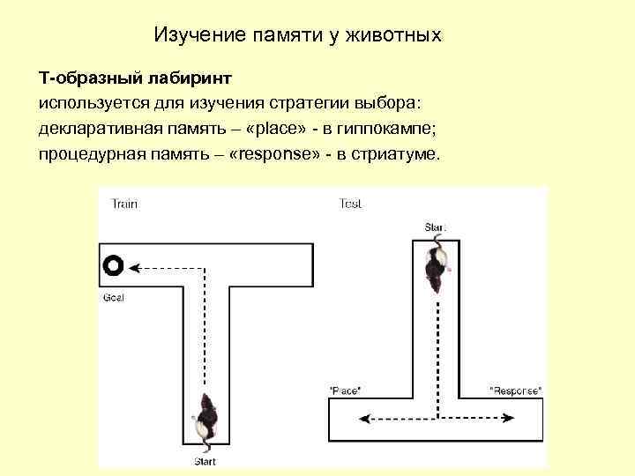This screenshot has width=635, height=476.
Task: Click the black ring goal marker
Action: [x=113, y=264]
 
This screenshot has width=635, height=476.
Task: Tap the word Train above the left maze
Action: [x=124, y=205]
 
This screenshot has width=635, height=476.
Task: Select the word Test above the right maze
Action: [x=350, y=205]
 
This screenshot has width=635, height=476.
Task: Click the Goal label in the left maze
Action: [x=114, y=297]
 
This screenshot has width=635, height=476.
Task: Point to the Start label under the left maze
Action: [x=205, y=460]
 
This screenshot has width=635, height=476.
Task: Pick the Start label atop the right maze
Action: [x=435, y=227]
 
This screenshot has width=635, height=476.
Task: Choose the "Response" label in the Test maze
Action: [x=515, y=390]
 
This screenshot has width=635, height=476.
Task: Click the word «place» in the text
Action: [x=278, y=130]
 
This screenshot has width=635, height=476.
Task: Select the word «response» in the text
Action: [x=273, y=154]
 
